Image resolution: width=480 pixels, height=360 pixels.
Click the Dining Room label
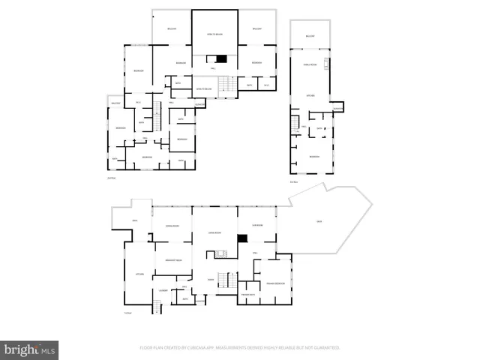pos(172,225)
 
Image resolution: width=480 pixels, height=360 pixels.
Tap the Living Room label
pos(214,233)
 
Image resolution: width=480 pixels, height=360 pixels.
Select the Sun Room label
pos(257,225)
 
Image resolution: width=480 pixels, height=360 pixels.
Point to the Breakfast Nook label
pos(172,259)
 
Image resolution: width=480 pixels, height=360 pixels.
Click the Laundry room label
pos(164,290)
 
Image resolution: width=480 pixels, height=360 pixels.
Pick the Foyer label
pos(211,279)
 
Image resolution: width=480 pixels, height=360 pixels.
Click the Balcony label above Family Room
pos(310,36)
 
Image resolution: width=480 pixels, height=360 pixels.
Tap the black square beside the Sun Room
pos(241,238)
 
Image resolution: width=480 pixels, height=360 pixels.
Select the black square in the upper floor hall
pos(220,59)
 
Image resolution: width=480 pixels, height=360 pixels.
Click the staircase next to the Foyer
pos(231,280)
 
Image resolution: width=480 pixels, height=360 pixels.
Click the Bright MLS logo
pos(29,349)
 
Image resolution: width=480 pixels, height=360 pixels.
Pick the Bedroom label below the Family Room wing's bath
pos(313,156)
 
